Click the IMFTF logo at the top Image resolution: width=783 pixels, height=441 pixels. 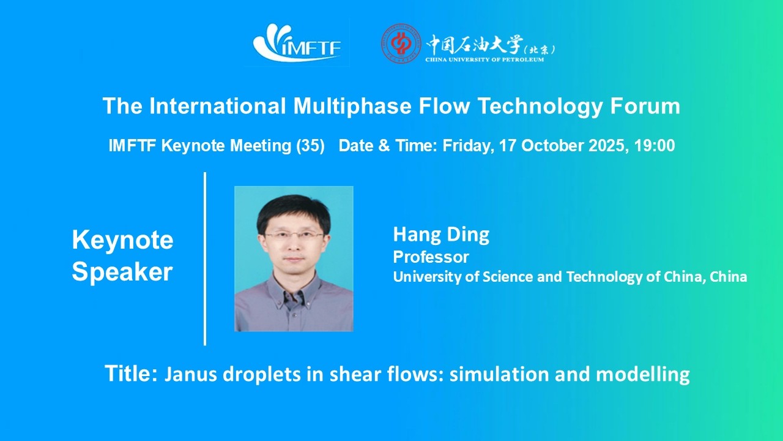click(297, 43)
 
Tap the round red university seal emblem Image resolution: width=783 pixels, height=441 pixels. click(401, 43)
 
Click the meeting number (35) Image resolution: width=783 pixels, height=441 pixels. click(310, 146)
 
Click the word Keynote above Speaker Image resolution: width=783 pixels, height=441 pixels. click(122, 240)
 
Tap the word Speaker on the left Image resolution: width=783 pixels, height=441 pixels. click(122, 272)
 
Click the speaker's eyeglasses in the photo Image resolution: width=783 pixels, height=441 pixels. click(294, 235)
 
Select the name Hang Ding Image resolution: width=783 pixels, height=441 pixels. click(441, 234)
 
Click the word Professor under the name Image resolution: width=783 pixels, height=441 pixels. click(431, 256)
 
